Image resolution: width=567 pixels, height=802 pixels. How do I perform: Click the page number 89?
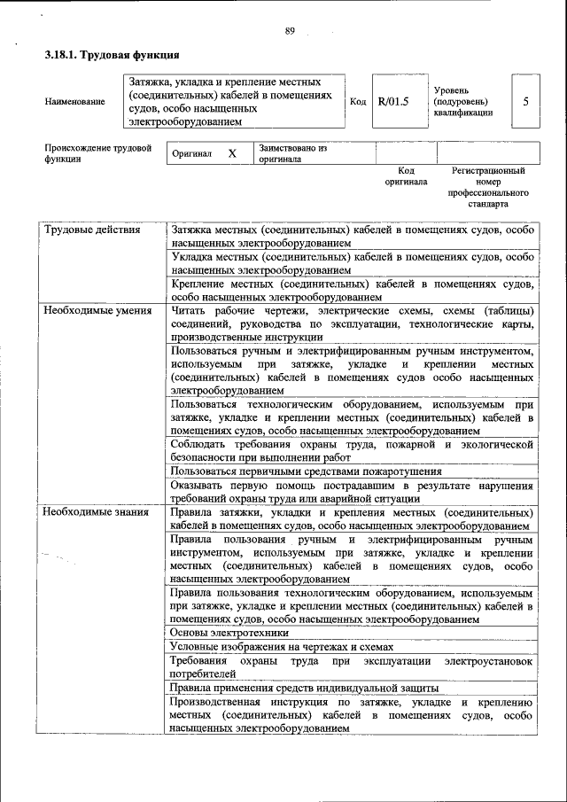[289, 32]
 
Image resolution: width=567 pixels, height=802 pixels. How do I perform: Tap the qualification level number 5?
[525, 101]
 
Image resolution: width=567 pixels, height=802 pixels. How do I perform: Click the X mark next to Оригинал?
[232, 153]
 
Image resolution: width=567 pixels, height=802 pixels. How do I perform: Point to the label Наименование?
[74, 101]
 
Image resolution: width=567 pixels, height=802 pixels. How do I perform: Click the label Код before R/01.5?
[358, 101]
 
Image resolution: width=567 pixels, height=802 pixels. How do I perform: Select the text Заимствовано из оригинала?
[292, 153]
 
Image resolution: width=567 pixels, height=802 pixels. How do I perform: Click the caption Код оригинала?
[406, 175]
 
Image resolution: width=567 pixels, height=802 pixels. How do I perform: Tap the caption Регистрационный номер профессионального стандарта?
[488, 186]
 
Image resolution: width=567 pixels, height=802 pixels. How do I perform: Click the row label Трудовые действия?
[93, 230]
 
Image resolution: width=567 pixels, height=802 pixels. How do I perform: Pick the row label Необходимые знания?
[97, 513]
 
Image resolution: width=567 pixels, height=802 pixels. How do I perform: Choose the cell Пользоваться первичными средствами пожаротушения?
[306, 471]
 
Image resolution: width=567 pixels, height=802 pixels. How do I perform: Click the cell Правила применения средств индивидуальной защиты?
[305, 688]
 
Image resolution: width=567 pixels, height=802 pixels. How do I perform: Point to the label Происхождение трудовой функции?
[97, 153]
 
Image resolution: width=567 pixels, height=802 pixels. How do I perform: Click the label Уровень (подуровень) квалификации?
[463, 101]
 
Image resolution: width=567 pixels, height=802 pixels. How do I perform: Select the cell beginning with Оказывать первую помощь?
[351, 492]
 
